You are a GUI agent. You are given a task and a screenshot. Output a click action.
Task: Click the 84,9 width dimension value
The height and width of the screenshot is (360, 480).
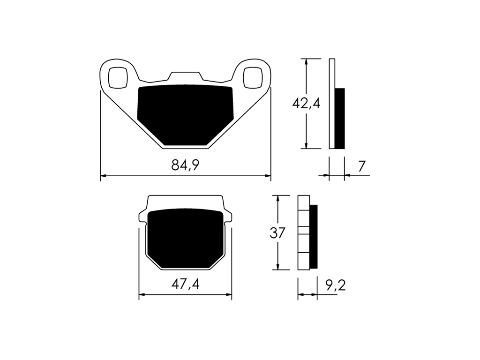185,165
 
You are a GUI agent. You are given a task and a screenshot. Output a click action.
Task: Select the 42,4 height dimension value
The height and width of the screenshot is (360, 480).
306,104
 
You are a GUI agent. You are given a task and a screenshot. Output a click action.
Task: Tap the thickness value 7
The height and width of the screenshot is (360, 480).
362,166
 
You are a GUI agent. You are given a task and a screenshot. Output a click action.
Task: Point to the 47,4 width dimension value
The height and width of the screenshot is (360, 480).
185,285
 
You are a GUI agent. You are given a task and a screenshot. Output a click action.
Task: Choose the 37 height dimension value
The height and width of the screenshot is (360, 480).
277,233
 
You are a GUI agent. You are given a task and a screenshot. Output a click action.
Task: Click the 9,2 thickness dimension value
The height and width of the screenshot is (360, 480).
336,285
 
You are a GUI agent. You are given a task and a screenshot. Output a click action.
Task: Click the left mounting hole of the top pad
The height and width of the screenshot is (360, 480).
118,77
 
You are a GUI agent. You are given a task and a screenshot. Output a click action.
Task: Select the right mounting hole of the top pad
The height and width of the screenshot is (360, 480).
253,77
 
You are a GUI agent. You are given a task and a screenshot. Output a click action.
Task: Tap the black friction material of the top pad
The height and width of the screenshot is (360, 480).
185,115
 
